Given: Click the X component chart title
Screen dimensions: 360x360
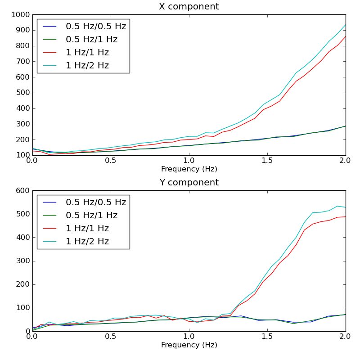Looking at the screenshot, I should [189, 7].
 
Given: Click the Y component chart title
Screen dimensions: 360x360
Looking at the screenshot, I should [189, 183].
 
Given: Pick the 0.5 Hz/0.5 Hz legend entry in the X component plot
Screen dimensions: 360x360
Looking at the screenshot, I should [96, 27].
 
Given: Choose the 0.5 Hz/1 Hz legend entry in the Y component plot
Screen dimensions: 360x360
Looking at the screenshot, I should [91, 216].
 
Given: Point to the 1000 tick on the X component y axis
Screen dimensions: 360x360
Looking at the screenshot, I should [21, 15].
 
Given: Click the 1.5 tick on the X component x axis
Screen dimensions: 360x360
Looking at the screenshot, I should [267, 161].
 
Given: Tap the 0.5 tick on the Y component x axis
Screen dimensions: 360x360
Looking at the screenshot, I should [111, 337].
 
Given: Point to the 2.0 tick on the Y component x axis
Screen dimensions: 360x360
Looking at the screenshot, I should [345, 337].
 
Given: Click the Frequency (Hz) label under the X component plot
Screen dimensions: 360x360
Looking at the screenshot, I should [189, 169].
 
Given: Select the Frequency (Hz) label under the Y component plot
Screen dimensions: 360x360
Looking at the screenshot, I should [189, 345].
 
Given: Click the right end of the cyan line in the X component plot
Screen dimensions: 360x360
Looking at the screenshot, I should [346, 25].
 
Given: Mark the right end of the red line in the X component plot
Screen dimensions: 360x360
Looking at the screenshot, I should [346, 36].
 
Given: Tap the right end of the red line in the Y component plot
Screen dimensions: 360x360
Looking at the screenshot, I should [346, 217].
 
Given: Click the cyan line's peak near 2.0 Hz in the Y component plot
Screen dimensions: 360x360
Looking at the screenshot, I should [337, 206].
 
